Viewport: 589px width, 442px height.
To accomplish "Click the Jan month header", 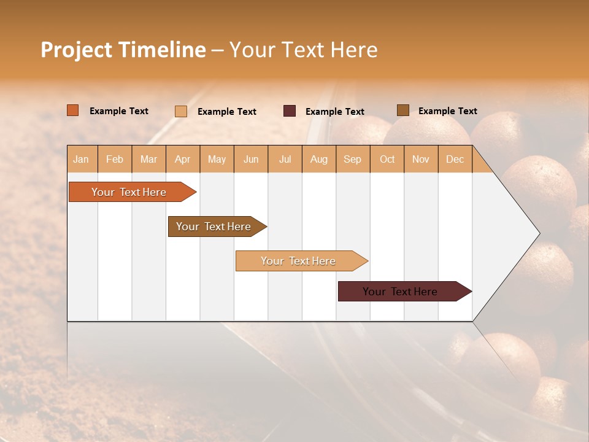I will (82, 159).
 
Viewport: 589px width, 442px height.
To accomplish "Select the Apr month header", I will (183, 159).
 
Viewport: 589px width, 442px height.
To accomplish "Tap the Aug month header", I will (319, 159).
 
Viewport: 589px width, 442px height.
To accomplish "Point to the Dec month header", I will (455, 159).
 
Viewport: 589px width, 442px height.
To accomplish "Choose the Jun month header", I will (251, 159).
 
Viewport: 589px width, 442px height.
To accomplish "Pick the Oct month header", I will (387, 159).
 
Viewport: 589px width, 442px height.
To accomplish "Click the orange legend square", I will (73, 110).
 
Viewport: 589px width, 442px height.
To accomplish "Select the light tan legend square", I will (181, 111).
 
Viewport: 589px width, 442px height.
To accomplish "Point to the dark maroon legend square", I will (290, 111).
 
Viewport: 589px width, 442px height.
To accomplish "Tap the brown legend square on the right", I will (403, 110).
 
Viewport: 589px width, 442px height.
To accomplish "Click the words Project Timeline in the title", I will (123, 50).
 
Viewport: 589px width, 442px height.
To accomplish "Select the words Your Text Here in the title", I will (303, 50).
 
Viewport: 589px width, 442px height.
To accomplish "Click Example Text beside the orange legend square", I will (119, 111).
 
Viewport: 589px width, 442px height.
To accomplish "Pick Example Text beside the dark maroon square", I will (335, 112).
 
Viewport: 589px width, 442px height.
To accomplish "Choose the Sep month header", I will (353, 159).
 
